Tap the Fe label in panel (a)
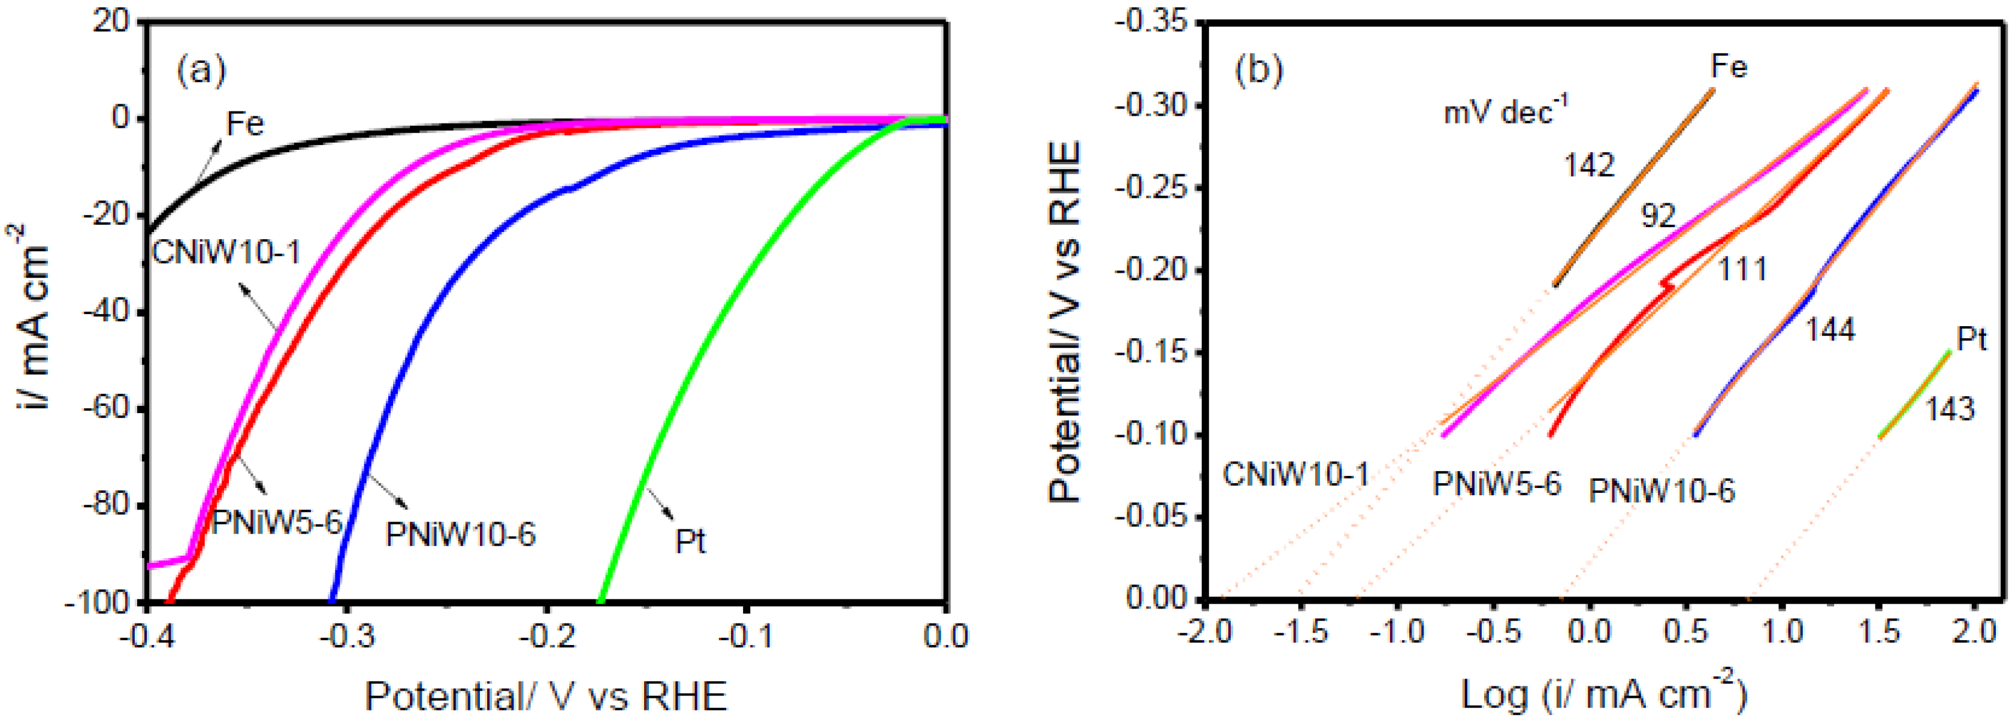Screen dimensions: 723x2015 (245, 123)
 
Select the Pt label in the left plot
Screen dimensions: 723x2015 (690, 541)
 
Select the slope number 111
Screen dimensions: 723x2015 (1742, 270)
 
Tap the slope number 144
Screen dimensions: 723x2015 (1830, 330)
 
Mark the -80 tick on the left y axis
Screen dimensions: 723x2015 (107, 505)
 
